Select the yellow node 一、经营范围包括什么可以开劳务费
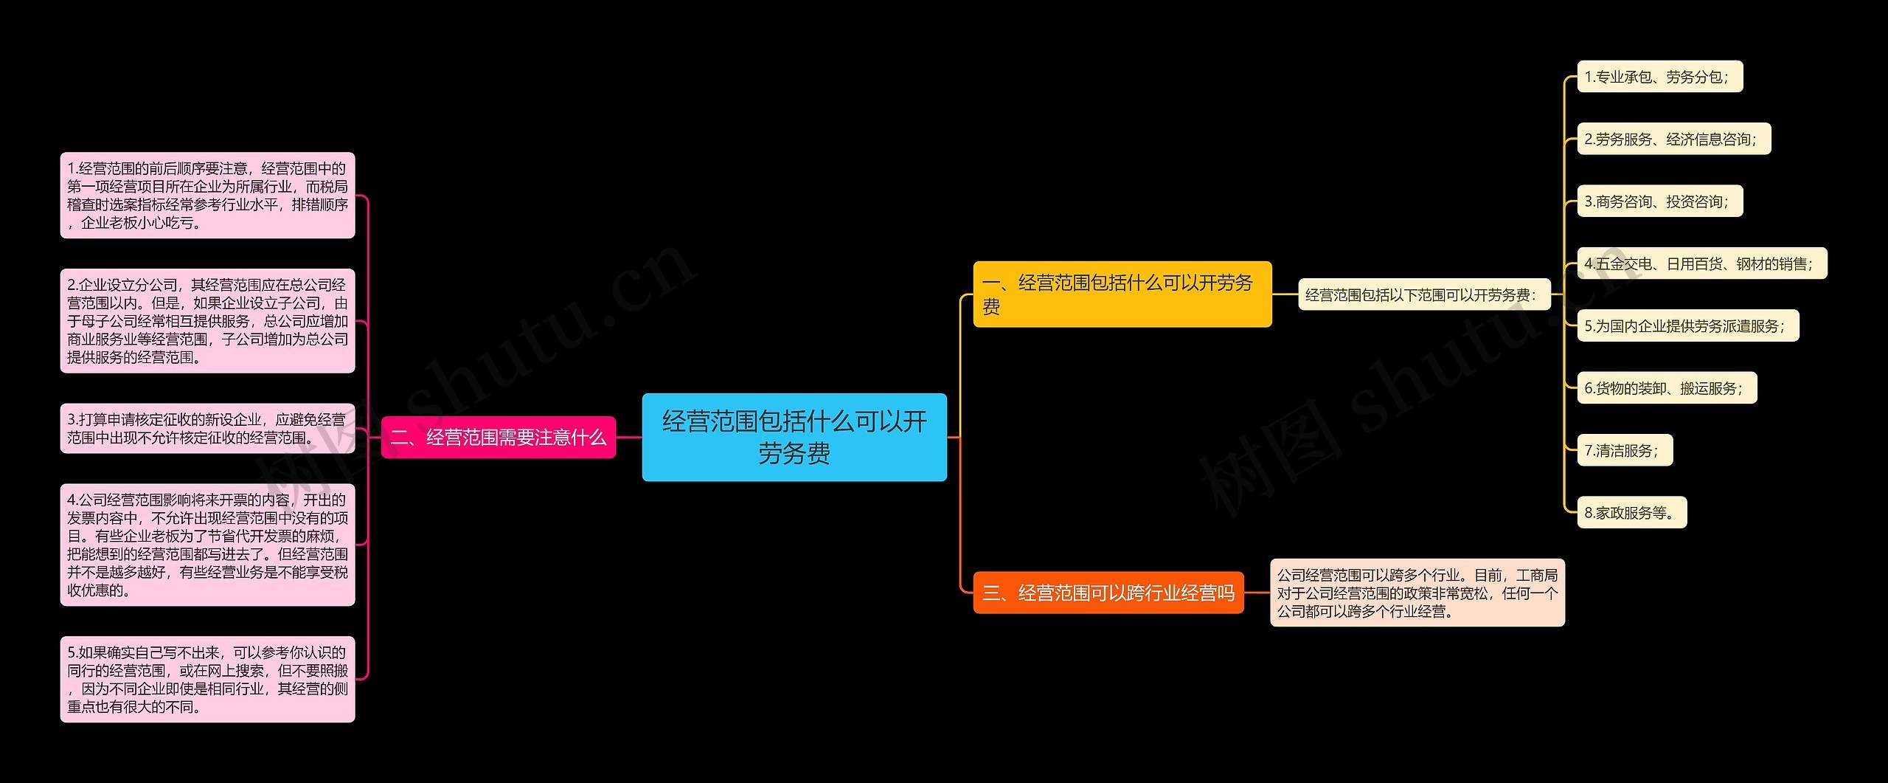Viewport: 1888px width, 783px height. [1122, 294]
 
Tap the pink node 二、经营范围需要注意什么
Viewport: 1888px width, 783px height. [499, 438]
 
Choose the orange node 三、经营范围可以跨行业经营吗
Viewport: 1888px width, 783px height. [1108, 593]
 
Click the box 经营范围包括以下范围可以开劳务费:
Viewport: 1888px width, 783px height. [1424, 295]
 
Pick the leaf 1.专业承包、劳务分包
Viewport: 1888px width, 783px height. [1659, 77]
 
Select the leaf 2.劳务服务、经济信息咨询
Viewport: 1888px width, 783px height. [1673, 139]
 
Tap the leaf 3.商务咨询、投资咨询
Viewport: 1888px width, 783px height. [1659, 201]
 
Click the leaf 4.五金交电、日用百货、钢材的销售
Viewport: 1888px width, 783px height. [1701, 263]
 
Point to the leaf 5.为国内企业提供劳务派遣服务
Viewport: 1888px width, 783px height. [1687, 325]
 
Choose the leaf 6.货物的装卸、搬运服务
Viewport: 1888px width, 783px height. [1667, 388]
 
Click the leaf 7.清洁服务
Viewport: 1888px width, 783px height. [1624, 450]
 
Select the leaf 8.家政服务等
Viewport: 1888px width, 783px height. [1631, 513]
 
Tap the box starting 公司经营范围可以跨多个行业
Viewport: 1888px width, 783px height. [1417, 593]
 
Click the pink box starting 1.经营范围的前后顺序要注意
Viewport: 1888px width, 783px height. [207, 196]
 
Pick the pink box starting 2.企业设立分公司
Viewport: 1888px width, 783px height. [207, 321]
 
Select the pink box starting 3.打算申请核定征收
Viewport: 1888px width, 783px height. [207, 429]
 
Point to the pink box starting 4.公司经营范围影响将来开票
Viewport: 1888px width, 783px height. [207, 545]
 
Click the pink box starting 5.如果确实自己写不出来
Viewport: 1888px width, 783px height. [207, 679]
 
